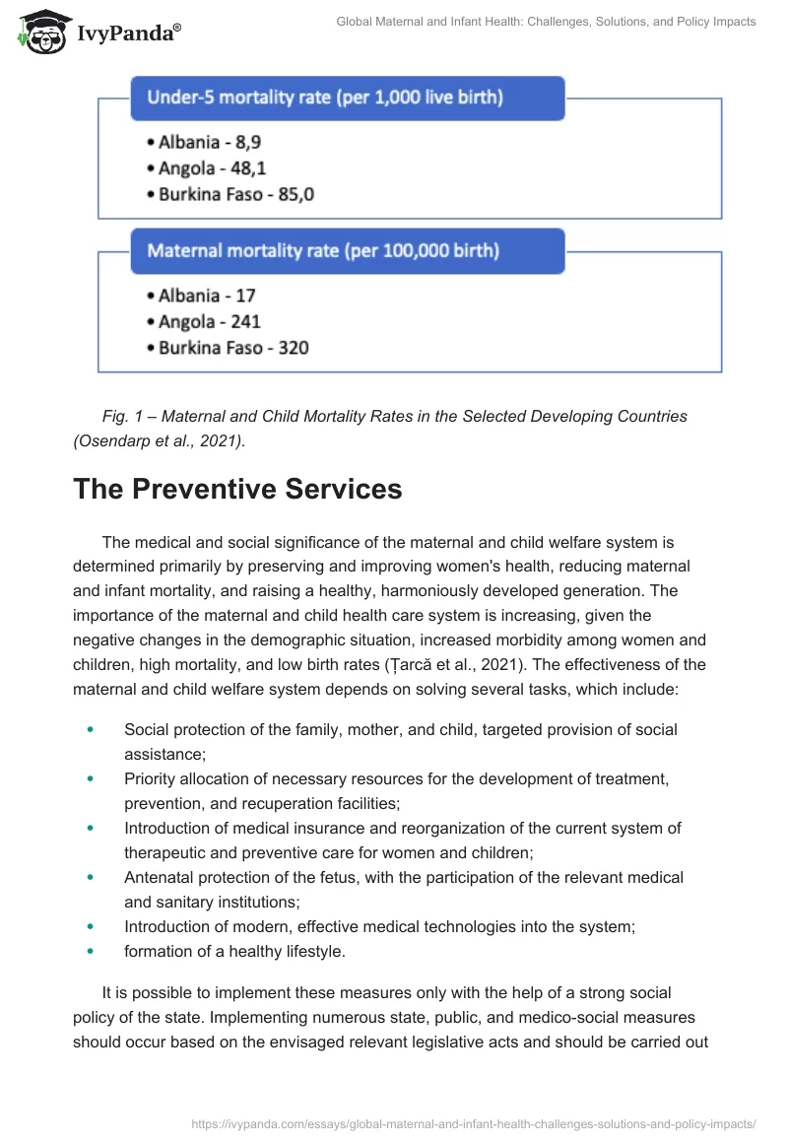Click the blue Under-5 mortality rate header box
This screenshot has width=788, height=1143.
[347, 98]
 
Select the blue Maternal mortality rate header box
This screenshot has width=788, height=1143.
[347, 251]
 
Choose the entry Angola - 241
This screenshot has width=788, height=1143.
[209, 321]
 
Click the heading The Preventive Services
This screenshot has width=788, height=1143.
[237, 490]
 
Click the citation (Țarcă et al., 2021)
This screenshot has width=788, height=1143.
[415, 665]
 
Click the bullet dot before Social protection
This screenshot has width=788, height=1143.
[92, 730]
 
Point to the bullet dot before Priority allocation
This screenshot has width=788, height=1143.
[92, 779]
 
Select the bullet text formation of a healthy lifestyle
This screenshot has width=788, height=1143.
[234, 952]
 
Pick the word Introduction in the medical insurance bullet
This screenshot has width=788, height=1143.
[167, 828]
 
